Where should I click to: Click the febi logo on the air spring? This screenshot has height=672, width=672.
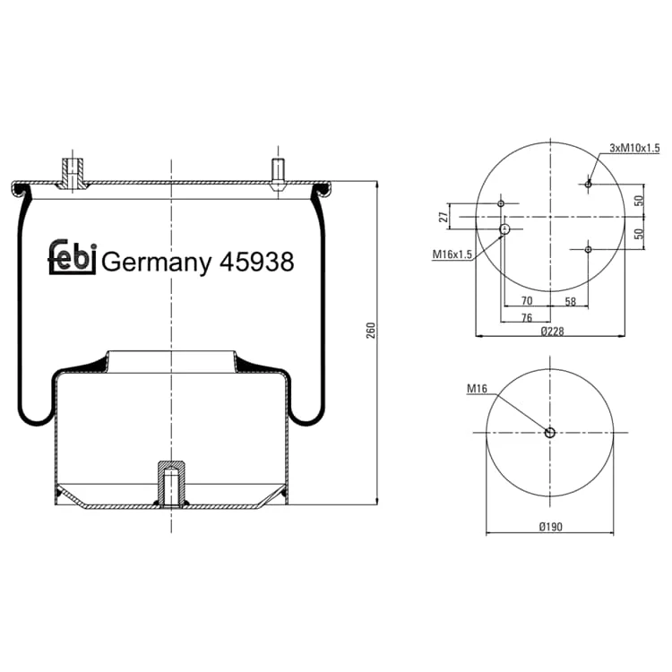pyautogui.click(x=72, y=257)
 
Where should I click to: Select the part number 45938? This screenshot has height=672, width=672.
pyautogui.click(x=257, y=261)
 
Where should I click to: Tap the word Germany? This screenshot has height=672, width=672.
pyautogui.click(x=157, y=263)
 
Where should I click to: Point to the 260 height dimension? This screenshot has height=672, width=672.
pyautogui.click(x=371, y=330)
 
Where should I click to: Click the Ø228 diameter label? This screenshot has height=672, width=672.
pyautogui.click(x=552, y=331)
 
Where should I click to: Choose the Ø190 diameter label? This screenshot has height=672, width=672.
pyautogui.click(x=551, y=526)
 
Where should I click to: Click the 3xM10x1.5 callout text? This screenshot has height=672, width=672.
pyautogui.click(x=634, y=148)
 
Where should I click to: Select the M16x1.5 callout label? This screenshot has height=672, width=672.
pyautogui.click(x=452, y=254)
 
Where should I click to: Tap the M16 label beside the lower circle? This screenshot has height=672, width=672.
pyautogui.click(x=477, y=388)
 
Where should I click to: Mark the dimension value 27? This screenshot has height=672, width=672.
pyautogui.click(x=444, y=216)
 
